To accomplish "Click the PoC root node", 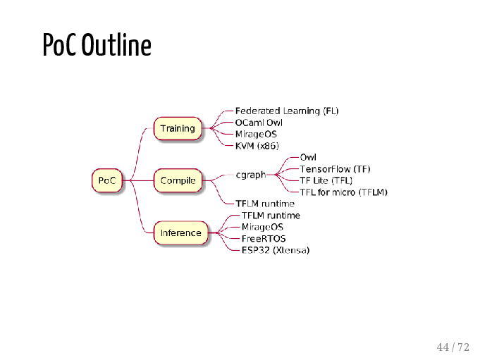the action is (107, 180).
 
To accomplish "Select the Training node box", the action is (178, 128).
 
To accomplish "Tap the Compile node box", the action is (178, 180).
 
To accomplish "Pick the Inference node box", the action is (180, 232).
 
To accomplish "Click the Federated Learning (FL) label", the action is (287, 111).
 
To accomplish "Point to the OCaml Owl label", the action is (259, 123).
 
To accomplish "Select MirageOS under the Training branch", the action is (256, 135).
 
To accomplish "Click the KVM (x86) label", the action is (257, 146).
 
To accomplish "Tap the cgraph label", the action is (251, 175).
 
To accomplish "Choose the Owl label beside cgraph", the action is (308, 157).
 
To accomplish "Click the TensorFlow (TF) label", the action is (335, 169).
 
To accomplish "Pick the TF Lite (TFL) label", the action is (326, 180).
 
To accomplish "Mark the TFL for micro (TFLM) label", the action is (343, 192).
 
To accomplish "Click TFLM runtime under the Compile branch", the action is (265, 204).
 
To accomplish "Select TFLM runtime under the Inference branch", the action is (271, 216).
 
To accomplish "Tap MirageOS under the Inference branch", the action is (262, 227).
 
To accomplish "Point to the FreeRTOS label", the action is (264, 239).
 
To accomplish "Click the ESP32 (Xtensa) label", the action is (276, 250).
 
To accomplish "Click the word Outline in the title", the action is (116, 45).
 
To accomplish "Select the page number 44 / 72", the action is (453, 347).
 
